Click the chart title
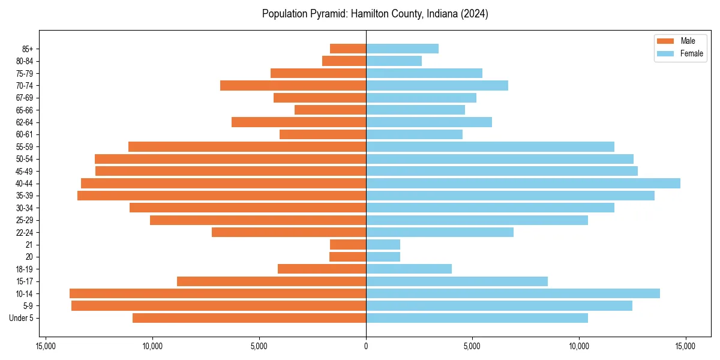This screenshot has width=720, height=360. (x=375, y=14)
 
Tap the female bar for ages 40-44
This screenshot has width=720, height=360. (x=523, y=184)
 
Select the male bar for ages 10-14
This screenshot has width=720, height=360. (x=218, y=293)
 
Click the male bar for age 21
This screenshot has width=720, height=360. (x=348, y=245)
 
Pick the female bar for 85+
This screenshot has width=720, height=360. (x=402, y=49)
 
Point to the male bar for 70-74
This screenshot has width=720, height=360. (x=293, y=86)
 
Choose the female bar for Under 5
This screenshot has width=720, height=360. (x=477, y=318)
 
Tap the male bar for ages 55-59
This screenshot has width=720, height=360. (x=247, y=147)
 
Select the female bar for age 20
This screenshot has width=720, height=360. (x=383, y=257)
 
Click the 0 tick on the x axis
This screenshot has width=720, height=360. (x=366, y=346)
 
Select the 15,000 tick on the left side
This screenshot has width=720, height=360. (x=46, y=346)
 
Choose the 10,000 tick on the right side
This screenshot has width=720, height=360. (x=579, y=346)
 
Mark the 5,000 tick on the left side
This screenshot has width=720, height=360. (x=259, y=346)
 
